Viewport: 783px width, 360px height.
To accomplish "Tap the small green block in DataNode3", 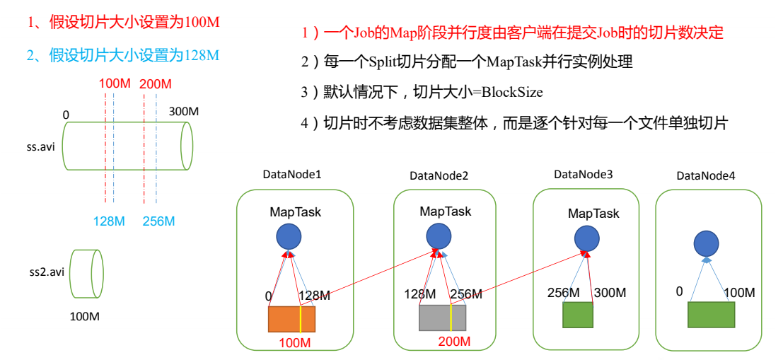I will tap(577, 314).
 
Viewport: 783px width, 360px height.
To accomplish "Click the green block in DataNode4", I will tap(711, 314).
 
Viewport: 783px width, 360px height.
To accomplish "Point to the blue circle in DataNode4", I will tap(705, 243).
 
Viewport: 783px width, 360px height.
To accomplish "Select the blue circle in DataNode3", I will tap(587, 238).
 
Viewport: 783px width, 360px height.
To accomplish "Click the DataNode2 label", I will tap(439, 175).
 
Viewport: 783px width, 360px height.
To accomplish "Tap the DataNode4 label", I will tap(706, 175).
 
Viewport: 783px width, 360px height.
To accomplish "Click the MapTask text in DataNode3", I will tap(593, 213).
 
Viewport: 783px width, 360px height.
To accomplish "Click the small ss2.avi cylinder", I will tap(87, 273).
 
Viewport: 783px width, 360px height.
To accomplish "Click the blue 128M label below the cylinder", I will tap(109, 221).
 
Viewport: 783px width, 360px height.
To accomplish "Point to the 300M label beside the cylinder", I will tap(184, 112).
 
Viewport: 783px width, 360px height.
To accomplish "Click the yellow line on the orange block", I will tap(301, 319).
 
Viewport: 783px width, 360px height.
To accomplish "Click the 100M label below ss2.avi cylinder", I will tap(84, 316).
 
